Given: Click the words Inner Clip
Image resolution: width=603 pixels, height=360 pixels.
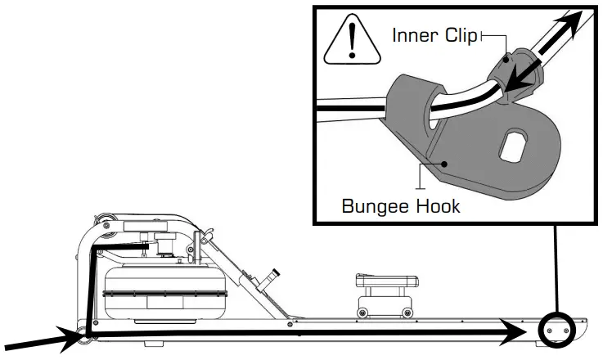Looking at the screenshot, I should click(434, 36).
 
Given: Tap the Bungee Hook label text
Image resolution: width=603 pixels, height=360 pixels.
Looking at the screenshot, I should click(400, 205).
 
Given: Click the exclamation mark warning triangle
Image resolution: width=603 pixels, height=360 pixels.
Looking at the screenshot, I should click(352, 42).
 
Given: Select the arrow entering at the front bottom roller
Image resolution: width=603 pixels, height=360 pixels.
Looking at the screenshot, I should click(37, 340).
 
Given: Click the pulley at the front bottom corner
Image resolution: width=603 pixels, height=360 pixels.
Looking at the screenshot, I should click(83, 331).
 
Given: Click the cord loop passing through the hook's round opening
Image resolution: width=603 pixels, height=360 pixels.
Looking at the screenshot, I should click(430, 111).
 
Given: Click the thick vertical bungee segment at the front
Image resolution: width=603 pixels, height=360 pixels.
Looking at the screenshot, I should click(92, 286).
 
